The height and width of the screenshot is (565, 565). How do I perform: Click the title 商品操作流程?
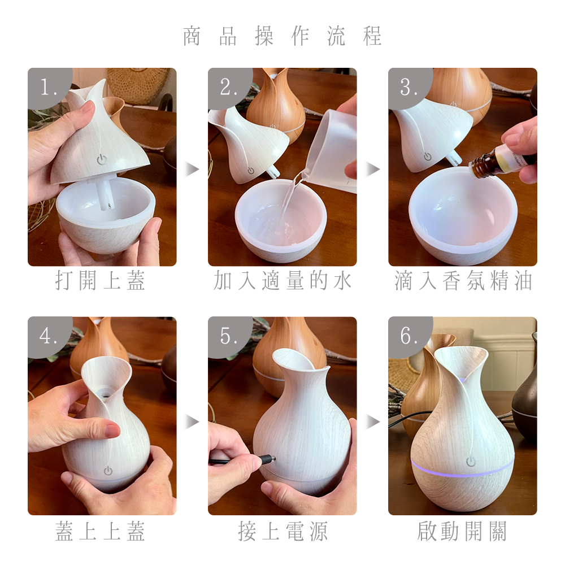tap(282, 36)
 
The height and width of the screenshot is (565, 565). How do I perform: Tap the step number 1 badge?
tap(49, 87)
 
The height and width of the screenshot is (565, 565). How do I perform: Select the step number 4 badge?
tap(49, 336)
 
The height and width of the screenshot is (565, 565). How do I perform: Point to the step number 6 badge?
tap(409, 336)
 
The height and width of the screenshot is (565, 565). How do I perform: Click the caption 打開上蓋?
tap(100, 280)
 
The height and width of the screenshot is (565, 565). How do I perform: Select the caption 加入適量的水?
tap(282, 280)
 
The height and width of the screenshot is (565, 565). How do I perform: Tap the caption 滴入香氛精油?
tap(463, 280)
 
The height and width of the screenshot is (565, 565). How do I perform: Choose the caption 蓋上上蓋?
tap(100, 531)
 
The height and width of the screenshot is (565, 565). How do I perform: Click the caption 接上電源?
tap(282, 531)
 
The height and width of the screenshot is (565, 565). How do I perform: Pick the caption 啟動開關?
tap(462, 531)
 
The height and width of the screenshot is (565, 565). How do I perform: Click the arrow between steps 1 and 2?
tap(192, 169)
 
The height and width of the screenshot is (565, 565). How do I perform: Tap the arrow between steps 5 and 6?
tap(373, 421)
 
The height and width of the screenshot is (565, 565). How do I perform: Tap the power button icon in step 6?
tap(471, 461)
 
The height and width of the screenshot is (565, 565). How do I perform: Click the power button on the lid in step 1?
tap(102, 160)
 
